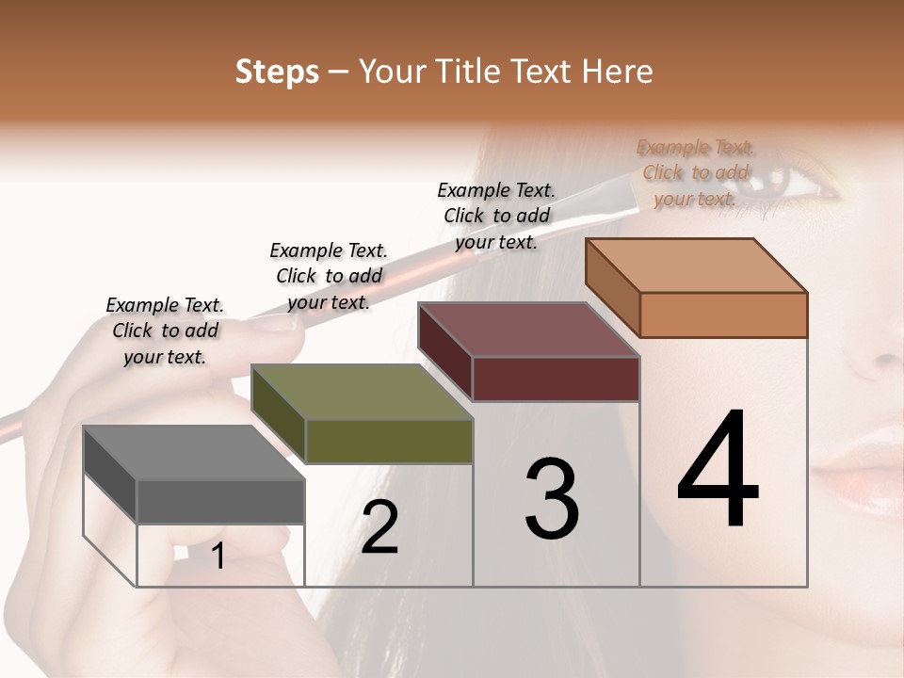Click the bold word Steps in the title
click(277, 72)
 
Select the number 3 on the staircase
click(552, 499)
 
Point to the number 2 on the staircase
click(379, 527)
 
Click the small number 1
click(218, 557)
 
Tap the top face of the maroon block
click(529, 330)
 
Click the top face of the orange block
click(697, 266)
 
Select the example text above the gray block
click(165, 331)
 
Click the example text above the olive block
click(329, 276)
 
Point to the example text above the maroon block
click(496, 216)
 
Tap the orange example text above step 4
click(695, 173)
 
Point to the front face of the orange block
click(723, 315)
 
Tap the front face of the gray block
click(220, 501)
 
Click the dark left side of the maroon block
click(445, 352)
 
